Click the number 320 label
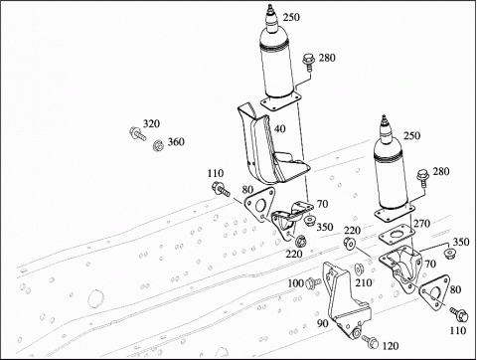tap(151, 123)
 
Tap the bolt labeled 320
tap(137, 133)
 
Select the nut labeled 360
tap(159, 145)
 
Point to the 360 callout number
tap(176, 142)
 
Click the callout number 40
tap(280, 128)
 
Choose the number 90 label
tap(322, 322)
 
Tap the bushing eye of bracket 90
tap(356, 333)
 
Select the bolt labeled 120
tap(370, 341)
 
